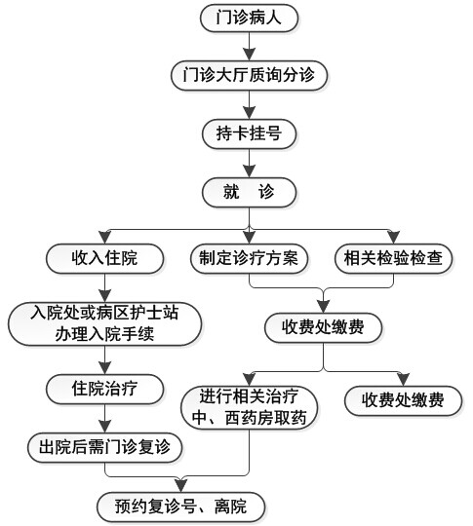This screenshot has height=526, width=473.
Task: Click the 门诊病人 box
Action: (249, 19)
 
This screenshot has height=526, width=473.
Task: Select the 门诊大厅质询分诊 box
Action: (249, 76)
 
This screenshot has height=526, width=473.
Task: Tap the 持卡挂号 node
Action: (249, 133)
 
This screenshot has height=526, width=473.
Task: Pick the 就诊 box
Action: (249, 192)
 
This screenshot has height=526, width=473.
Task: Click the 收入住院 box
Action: (104, 259)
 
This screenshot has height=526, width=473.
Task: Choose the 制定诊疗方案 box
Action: (249, 259)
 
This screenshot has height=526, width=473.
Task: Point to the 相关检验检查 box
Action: (393, 259)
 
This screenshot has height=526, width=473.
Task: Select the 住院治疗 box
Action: (104, 389)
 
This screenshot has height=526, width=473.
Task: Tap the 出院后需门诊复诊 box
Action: (104, 447)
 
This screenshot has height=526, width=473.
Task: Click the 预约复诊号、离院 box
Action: (181, 507)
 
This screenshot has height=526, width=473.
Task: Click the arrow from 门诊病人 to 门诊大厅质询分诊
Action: (249, 47)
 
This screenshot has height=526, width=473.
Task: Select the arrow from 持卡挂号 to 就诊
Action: (249, 163)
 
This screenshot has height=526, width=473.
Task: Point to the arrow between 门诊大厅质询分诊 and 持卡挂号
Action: (249, 105)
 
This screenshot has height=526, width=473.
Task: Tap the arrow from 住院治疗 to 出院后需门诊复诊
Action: (104, 418)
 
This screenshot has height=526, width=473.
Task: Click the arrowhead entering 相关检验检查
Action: (393, 238)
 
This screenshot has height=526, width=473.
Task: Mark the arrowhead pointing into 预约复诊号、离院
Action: (181, 485)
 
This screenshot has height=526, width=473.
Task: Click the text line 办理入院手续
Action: (104, 334)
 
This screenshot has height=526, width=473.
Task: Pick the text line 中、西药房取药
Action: (249, 418)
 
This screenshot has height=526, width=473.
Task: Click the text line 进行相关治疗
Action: (249, 396)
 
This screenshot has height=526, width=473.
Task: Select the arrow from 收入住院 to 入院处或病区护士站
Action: (104, 287)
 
